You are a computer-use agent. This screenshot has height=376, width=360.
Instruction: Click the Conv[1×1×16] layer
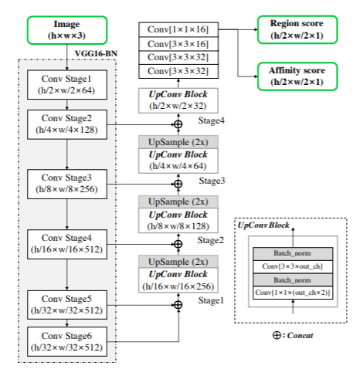[178, 29]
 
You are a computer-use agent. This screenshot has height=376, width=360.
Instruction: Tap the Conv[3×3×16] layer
[178, 44]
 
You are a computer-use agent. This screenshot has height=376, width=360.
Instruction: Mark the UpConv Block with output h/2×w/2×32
[178, 100]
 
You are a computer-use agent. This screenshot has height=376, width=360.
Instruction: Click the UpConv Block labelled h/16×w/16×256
[178, 279]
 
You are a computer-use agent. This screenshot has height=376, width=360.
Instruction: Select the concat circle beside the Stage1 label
[178, 304]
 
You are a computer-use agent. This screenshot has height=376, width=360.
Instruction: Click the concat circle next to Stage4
[178, 123]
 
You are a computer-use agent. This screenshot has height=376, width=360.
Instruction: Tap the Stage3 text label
[212, 180]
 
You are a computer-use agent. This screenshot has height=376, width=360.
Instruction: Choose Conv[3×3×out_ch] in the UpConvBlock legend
[293, 266]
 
